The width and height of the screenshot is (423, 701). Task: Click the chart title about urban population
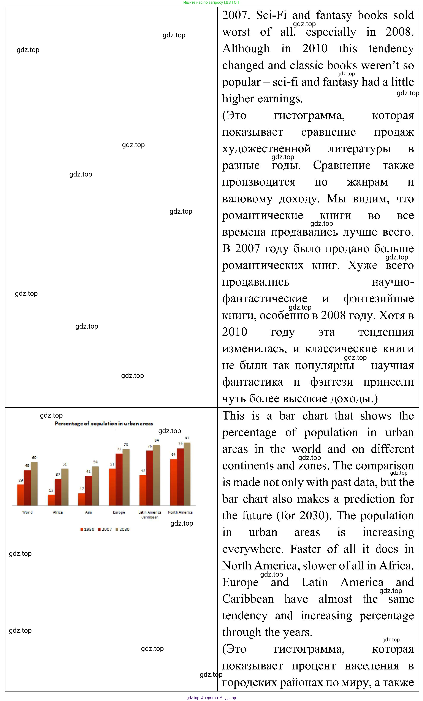(x=104, y=424)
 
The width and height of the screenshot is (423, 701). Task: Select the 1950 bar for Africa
(x=51, y=500)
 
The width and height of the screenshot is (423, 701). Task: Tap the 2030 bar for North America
(x=187, y=474)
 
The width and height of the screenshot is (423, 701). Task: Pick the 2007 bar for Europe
(x=119, y=480)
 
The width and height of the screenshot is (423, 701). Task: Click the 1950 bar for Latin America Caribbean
(x=143, y=490)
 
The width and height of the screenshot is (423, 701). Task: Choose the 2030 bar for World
(x=34, y=484)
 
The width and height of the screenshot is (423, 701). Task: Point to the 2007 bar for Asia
(x=88, y=491)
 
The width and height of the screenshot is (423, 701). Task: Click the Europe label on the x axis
(x=119, y=512)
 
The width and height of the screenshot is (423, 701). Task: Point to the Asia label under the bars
(x=88, y=512)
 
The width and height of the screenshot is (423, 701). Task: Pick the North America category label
(x=180, y=512)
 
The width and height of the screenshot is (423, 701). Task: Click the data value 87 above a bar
(x=187, y=438)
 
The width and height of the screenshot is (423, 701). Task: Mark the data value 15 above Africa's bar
(x=51, y=490)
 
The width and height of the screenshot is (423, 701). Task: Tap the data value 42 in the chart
(x=143, y=471)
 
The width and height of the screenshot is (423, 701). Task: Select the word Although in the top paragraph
(x=246, y=49)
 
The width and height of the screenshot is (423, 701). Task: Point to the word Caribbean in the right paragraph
(x=248, y=599)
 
